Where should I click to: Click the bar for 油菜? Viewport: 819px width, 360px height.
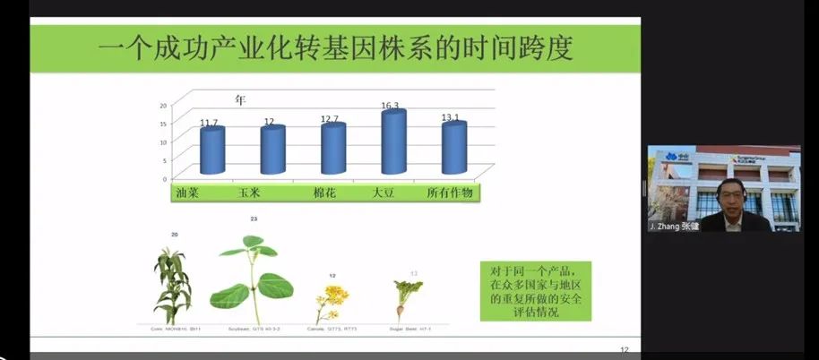(211, 150)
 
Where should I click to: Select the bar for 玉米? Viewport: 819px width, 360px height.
(272, 150)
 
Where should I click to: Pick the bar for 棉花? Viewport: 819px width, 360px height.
(333, 149)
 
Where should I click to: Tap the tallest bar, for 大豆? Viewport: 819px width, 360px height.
(393, 141)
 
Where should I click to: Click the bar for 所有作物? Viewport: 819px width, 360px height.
(454, 148)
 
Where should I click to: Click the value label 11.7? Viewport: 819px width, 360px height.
(210, 123)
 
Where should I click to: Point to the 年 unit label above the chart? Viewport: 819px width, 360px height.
(240, 99)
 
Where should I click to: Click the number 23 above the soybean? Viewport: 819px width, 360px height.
(254, 219)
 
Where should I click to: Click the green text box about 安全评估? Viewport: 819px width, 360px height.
(536, 290)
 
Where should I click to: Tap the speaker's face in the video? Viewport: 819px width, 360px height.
(727, 191)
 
